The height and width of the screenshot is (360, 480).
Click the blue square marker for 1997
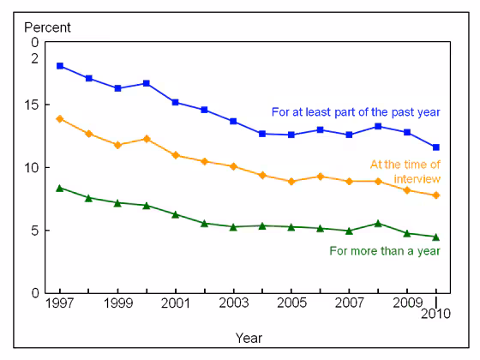click(59, 66)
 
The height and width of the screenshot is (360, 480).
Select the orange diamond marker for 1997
click(59, 119)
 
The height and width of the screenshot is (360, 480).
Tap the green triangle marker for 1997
click(59, 188)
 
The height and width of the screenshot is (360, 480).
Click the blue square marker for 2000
click(147, 83)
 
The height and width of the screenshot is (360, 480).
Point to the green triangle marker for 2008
click(378, 223)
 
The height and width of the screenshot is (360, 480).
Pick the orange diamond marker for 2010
click(436, 195)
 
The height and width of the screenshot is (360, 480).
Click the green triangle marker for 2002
click(204, 223)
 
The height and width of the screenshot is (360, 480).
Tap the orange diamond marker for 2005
click(291, 182)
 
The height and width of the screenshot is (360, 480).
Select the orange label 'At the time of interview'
click(405, 171)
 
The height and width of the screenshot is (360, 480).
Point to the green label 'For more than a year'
click(385, 251)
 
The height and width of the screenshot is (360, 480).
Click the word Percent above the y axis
click(47, 27)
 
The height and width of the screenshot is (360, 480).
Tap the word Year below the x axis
click(249, 338)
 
